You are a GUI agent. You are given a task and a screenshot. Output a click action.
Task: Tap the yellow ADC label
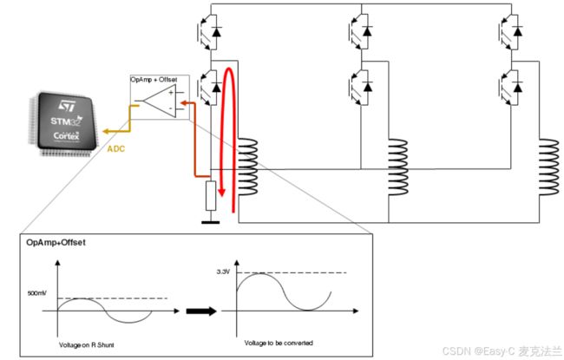click(x=115, y=148)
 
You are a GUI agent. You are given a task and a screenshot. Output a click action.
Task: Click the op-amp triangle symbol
click(x=160, y=101)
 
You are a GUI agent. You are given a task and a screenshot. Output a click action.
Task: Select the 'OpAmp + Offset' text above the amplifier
click(x=154, y=79)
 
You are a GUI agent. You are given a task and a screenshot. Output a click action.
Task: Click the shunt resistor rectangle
click(x=211, y=196)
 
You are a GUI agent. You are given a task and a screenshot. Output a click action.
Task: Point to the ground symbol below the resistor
click(x=211, y=222)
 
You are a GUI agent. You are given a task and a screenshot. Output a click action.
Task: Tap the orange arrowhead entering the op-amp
click(x=183, y=103)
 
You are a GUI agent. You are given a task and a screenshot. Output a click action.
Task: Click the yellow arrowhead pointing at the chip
click(x=106, y=131)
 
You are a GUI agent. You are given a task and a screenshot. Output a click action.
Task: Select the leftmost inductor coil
click(x=247, y=167)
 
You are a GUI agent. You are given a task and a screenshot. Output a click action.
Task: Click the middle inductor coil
click(x=397, y=167)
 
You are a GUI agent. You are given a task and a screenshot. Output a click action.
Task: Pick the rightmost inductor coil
click(x=549, y=167)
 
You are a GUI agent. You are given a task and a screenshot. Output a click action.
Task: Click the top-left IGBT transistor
click(x=209, y=31)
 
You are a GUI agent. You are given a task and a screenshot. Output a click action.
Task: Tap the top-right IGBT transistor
click(x=511, y=31)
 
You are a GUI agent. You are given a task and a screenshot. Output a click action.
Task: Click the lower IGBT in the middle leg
click(x=360, y=88)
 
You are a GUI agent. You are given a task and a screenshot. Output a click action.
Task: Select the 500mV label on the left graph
click(x=36, y=293)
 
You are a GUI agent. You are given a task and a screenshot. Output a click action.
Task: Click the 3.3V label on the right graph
click(x=223, y=272)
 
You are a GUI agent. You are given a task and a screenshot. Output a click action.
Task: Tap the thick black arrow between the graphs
click(x=201, y=311)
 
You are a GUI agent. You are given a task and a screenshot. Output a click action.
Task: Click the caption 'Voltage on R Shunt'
click(x=86, y=345)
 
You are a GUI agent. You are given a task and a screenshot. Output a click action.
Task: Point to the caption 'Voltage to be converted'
click(x=279, y=344)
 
